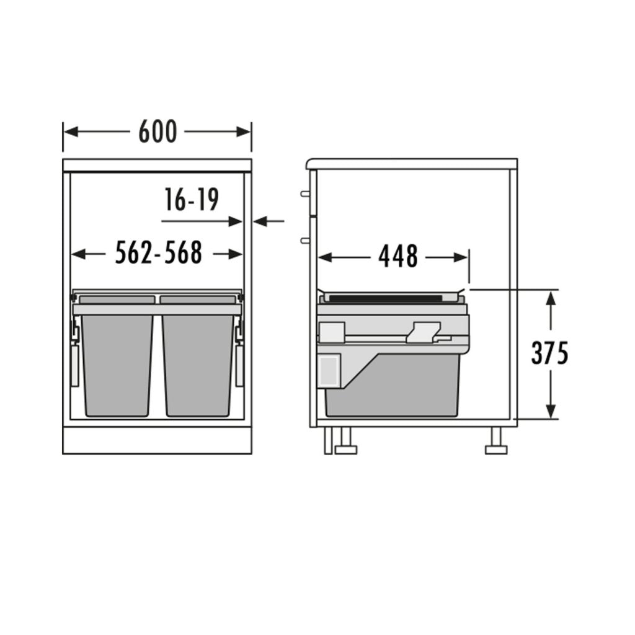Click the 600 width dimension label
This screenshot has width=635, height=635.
pyautogui.click(x=158, y=131)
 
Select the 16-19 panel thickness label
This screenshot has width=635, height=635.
pyautogui.click(x=192, y=200)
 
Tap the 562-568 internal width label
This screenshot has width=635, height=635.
pyautogui.click(x=159, y=253)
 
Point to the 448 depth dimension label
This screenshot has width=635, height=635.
pyautogui.click(x=398, y=257)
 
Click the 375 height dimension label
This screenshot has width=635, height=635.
pyautogui.click(x=549, y=353)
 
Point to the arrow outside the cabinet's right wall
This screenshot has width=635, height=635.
pyautogui.click(x=268, y=221)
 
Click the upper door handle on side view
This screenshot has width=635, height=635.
pyautogui.click(x=304, y=193)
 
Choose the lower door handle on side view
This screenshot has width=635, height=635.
pyautogui.click(x=304, y=239)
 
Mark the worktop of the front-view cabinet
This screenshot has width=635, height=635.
pyautogui.click(x=158, y=165)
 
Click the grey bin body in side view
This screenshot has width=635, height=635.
pyautogui.click(x=397, y=391)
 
